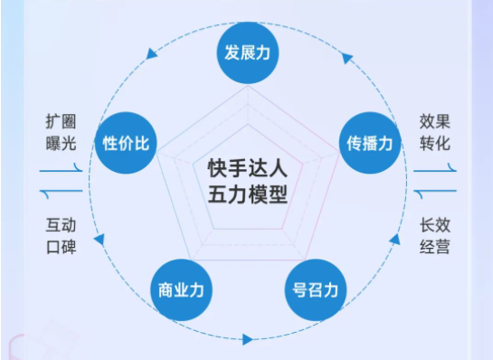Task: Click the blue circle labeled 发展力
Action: [x=247, y=52]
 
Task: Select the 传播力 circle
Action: [x=369, y=143]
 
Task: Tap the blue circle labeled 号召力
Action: [x=315, y=289]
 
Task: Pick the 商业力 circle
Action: [x=179, y=289]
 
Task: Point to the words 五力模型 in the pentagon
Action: [x=247, y=194]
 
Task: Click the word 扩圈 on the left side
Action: [x=60, y=121]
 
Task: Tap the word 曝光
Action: [x=60, y=143]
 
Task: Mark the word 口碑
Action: [x=60, y=247]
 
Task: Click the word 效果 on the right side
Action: [x=434, y=121]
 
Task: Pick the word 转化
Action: [x=434, y=143]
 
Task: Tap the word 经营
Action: [x=434, y=247]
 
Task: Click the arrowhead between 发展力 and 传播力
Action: [x=347, y=59]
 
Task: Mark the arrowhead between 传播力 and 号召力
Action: [x=394, y=240]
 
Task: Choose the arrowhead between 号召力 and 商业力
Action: [x=247, y=340]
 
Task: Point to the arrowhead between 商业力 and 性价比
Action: [x=99, y=240]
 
